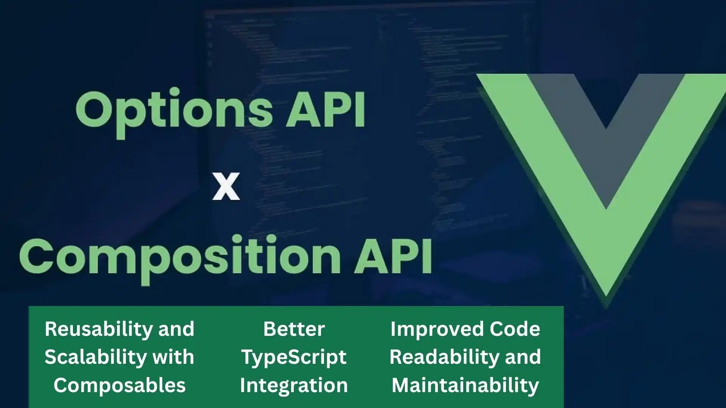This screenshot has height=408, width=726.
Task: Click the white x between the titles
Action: click(x=226, y=187)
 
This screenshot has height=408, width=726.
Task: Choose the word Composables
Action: click(x=119, y=385)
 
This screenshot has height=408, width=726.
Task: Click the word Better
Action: click(x=294, y=329)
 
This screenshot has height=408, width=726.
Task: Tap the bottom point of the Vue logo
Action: click(x=606, y=291)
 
